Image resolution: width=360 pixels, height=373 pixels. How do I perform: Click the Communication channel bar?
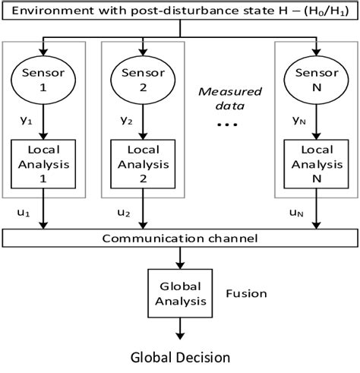[x=179, y=239]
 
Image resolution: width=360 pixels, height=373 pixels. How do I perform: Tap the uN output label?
[x=297, y=215]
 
